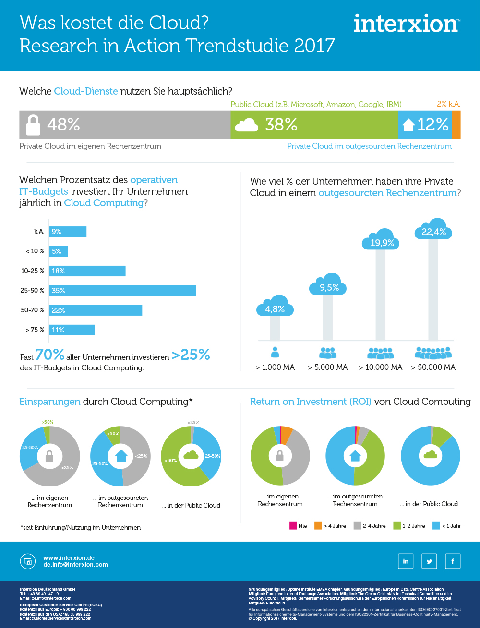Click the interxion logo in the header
(407, 24)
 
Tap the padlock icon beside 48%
(33, 125)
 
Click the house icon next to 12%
(408, 125)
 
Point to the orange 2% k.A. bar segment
(456, 125)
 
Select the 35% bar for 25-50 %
(122, 291)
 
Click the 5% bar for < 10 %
(58, 251)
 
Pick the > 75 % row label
(35, 330)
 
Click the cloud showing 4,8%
(275, 308)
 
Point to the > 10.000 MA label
(380, 367)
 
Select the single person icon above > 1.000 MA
(275, 353)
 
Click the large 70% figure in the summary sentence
(49, 355)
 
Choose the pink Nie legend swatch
(293, 525)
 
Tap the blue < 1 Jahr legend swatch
(436, 525)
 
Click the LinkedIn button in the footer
(406, 561)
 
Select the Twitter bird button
(429, 561)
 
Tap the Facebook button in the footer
(453, 561)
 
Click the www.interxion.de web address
(69, 558)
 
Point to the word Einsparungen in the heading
(49, 402)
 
